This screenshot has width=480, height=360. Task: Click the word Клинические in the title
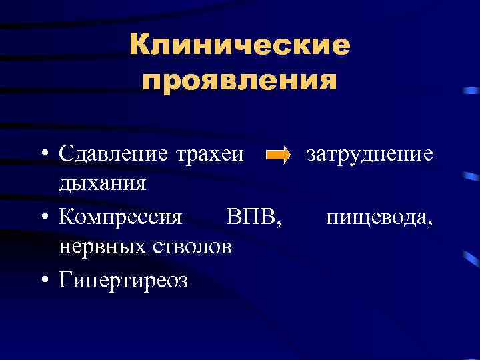(x=240, y=46)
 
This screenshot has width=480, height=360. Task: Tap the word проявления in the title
(x=240, y=81)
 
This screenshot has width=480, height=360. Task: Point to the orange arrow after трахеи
(x=277, y=156)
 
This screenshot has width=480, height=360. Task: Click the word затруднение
(x=369, y=155)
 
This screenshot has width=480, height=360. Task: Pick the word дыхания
(x=102, y=183)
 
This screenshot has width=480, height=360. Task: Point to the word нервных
(x=99, y=247)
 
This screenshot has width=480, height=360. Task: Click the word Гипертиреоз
(x=123, y=279)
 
